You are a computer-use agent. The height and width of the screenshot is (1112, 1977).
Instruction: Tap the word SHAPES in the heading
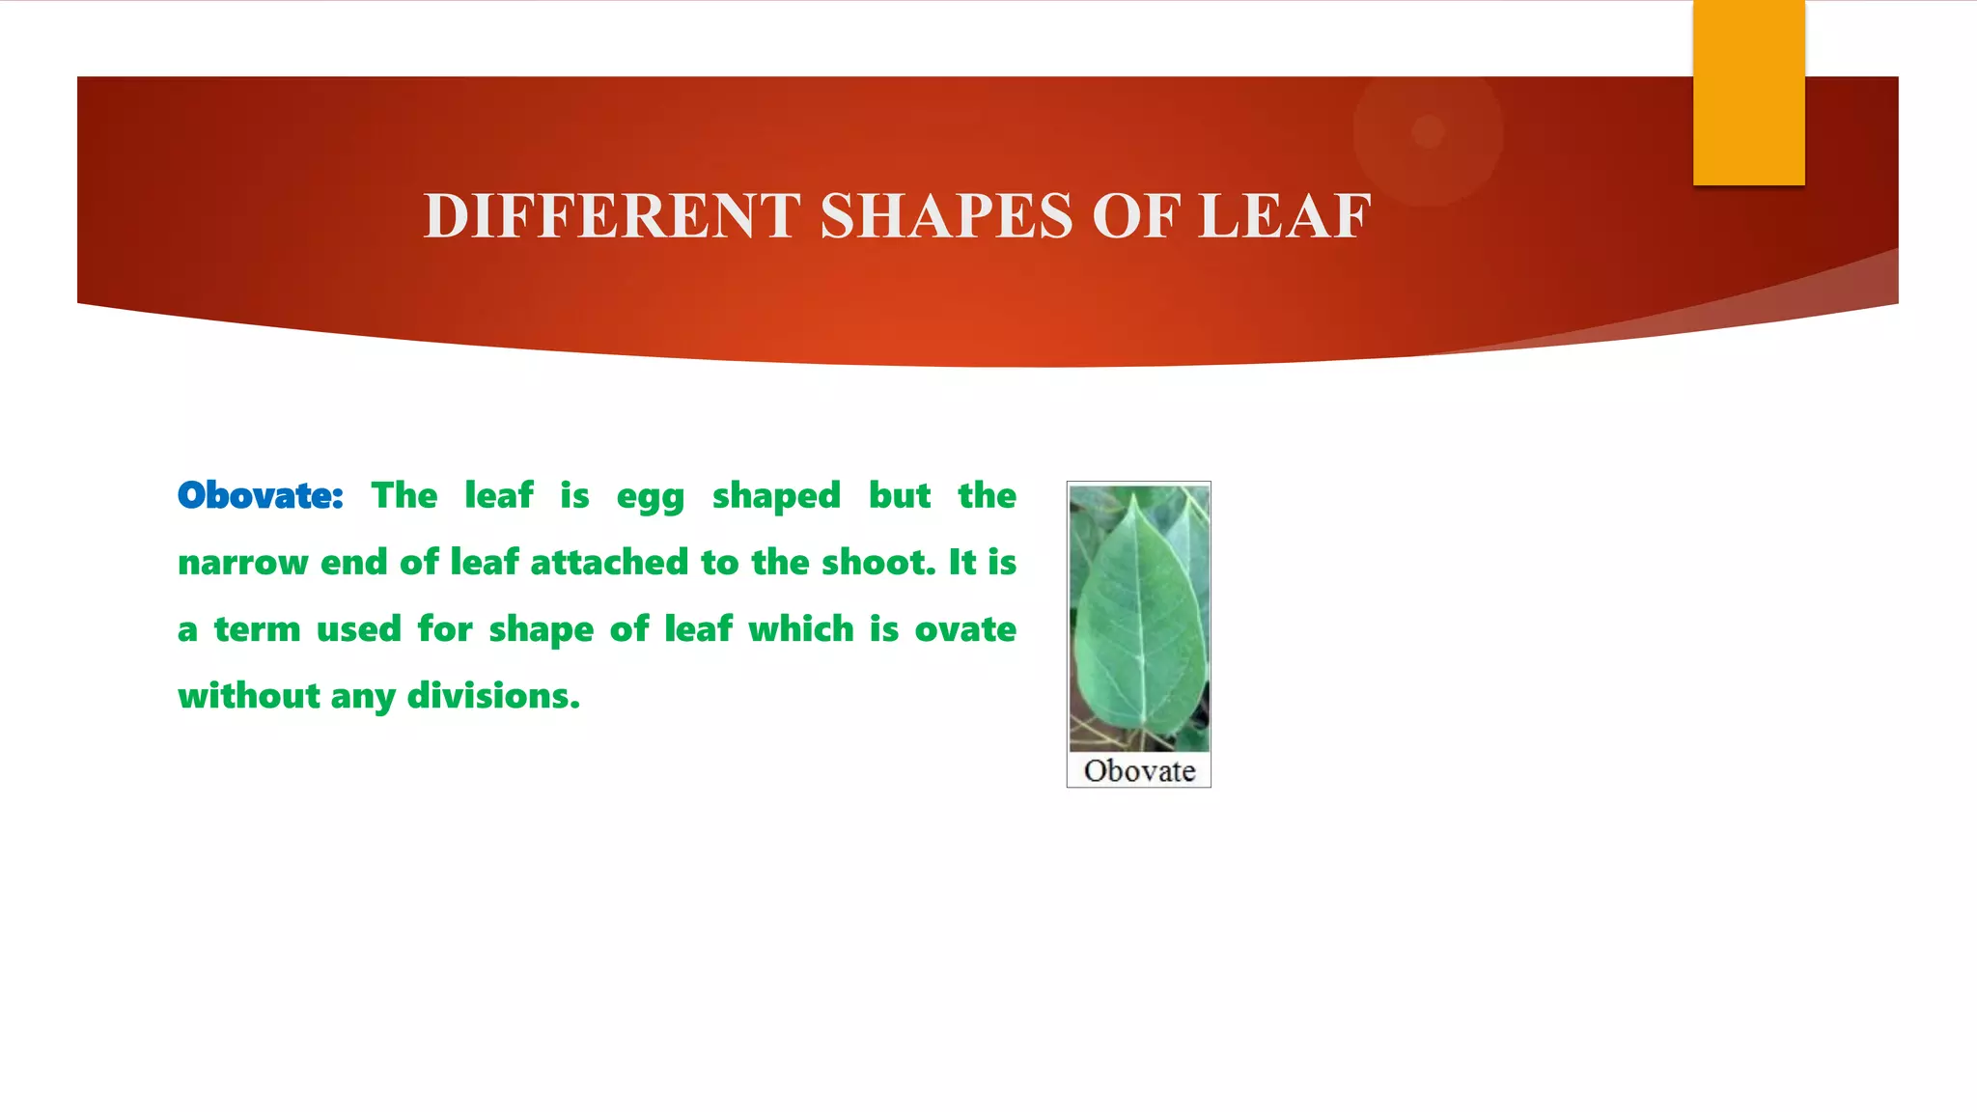point(946,215)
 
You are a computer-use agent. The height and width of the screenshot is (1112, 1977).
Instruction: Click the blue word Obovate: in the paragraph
point(261,495)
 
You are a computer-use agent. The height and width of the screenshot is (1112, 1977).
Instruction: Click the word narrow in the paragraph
point(242,563)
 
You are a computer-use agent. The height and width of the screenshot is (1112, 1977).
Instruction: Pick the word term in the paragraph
point(257,629)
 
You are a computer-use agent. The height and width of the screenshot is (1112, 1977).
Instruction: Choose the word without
point(249,695)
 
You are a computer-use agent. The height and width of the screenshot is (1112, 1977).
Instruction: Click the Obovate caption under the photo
point(1139,770)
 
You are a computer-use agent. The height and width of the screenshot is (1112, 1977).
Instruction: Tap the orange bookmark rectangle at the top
point(1748,92)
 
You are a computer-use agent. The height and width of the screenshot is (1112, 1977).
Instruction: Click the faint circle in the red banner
point(1428,131)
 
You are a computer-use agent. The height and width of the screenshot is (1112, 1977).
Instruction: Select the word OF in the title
point(1136,215)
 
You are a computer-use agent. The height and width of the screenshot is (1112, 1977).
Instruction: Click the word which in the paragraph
point(801,629)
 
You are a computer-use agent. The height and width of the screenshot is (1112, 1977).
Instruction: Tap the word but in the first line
point(900,496)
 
